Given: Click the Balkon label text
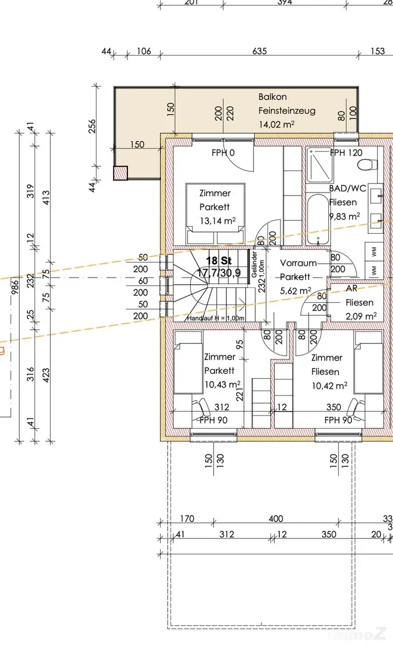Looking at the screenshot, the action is point(272,97).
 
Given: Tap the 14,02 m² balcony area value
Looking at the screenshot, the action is point(276,124).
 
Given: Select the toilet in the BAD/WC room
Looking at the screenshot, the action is point(367,165).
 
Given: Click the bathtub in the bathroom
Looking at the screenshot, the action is point(318,220).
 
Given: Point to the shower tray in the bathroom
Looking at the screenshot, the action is point(320,165).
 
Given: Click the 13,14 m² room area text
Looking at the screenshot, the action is point(218,221).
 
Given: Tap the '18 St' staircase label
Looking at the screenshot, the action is point(219,260).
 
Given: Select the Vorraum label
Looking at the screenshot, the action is point(298,263).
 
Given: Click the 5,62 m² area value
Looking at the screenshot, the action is point(295,291).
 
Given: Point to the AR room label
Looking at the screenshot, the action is point(351,288).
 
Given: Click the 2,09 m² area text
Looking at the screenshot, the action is point(361,316).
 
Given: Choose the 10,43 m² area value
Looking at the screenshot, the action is point(223,385).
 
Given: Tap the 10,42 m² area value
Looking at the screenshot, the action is point(329,386).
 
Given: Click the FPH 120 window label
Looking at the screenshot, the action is point(346,153).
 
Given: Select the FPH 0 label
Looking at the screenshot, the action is point(223,153).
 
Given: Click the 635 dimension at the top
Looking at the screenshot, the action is point(260,51).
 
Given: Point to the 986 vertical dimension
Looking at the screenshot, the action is point(15,286).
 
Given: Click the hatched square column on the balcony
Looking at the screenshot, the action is point(120,173).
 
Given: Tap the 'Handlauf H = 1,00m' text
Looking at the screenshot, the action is point(216,318).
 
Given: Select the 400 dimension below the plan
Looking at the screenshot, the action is point(276,519).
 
